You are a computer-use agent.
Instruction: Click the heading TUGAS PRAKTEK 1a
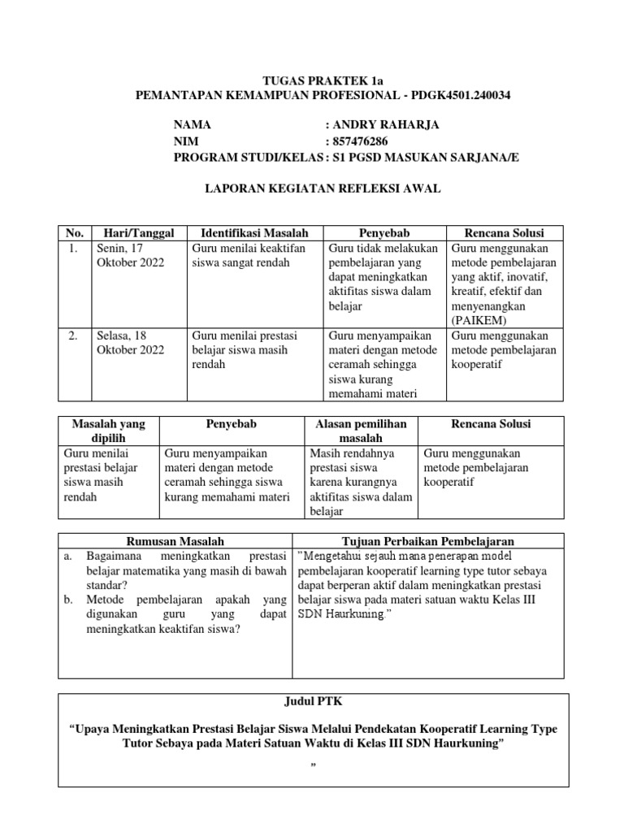312,80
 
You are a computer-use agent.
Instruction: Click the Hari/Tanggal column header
139,233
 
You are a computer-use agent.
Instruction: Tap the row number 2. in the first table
73,336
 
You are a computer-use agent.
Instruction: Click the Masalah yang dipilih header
108,431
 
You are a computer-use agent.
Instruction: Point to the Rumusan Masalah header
175,541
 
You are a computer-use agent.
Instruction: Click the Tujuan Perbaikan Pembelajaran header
427,541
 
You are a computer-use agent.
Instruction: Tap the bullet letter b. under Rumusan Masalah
67,600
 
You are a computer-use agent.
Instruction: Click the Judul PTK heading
313,701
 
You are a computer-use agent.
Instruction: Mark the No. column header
75,233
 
